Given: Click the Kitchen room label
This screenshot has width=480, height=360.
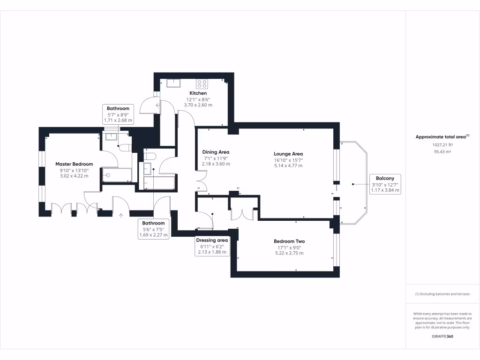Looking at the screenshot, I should [198, 93].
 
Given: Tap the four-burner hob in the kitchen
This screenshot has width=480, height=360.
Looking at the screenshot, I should [202, 84].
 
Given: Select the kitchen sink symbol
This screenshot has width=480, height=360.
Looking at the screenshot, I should [174, 83].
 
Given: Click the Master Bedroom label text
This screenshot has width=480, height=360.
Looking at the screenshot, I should [74, 164].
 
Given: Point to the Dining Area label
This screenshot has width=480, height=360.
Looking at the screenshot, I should [216, 152].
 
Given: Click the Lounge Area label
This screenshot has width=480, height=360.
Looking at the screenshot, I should [288, 154].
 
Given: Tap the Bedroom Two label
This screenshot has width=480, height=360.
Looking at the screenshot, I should [289, 241].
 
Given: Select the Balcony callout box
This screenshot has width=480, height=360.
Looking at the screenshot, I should [384, 184].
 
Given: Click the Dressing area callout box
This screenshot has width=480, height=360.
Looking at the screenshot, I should [211, 246].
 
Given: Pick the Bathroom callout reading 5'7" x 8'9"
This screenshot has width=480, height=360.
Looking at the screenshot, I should [118, 114].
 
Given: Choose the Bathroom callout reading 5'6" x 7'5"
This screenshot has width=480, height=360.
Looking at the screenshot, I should [153, 229].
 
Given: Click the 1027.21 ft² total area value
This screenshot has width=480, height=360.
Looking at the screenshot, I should [442, 145].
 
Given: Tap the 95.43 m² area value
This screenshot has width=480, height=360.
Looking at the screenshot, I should [442, 152].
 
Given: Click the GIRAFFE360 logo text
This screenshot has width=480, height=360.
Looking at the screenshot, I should [442, 337].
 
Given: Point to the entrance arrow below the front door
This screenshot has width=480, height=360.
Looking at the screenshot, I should [121, 216].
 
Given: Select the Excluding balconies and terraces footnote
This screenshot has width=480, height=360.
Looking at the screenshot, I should [442, 294].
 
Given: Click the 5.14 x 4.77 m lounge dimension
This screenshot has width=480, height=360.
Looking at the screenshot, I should [288, 165].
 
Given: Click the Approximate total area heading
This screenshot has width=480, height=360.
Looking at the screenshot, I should [442, 137].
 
